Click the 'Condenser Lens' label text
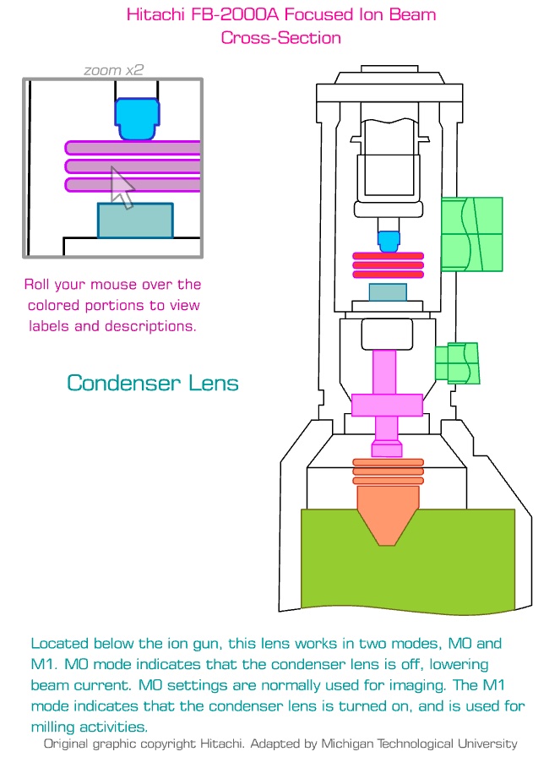(x=153, y=383)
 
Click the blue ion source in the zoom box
(x=136, y=119)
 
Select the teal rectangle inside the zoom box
(x=135, y=220)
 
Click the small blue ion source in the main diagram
(x=388, y=242)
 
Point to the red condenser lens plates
(x=388, y=264)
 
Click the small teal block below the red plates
(x=388, y=292)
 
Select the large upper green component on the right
(x=472, y=234)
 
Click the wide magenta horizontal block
(x=388, y=406)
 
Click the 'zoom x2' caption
(x=112, y=71)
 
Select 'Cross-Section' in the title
(x=280, y=37)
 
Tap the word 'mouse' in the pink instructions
(x=116, y=285)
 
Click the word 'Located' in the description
(x=60, y=644)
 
